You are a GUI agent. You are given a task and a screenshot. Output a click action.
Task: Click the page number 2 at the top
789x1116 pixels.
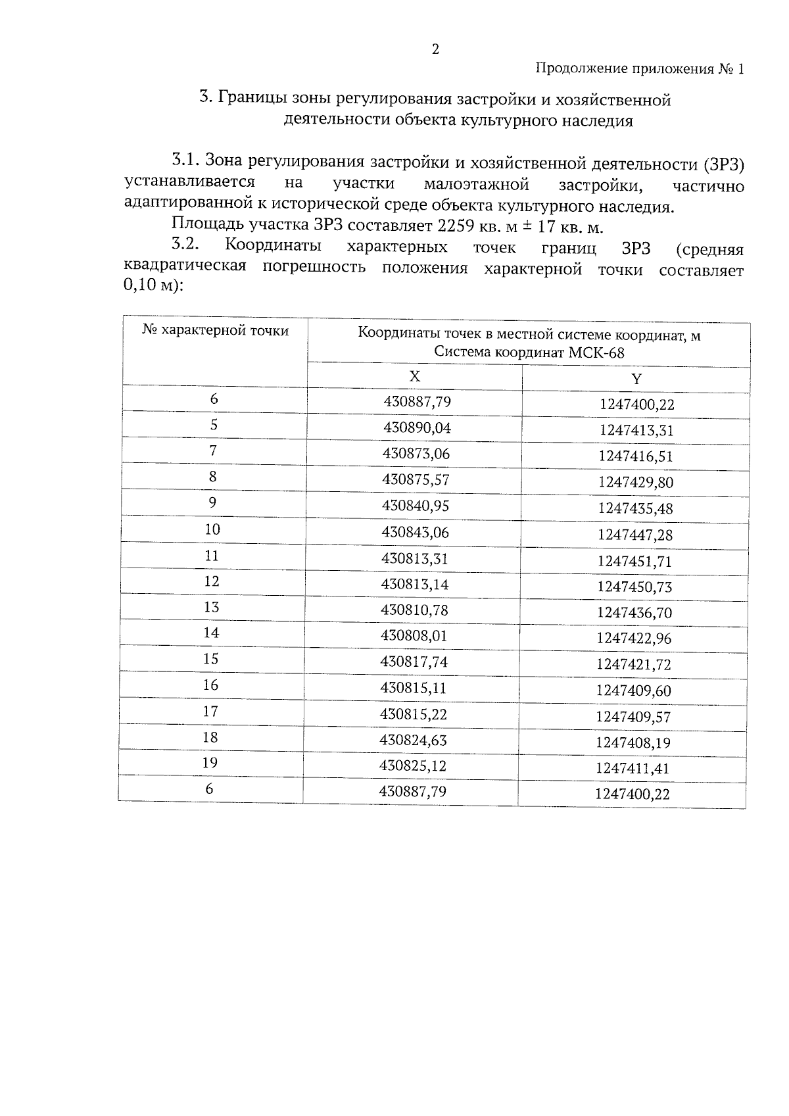pyautogui.click(x=435, y=49)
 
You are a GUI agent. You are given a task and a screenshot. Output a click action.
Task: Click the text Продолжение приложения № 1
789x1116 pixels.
pyautogui.click(x=640, y=68)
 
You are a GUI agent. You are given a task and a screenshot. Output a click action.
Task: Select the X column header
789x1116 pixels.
pyautogui.click(x=414, y=376)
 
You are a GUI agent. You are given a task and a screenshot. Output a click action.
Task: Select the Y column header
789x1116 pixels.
pyautogui.click(x=636, y=379)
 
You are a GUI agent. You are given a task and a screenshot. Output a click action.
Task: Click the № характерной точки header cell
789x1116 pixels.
pyautogui.click(x=216, y=331)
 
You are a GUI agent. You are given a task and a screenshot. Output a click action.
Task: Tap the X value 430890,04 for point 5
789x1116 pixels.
pyautogui.click(x=417, y=428)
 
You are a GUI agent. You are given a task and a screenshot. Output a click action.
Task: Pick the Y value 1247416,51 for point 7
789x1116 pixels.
pyautogui.click(x=636, y=456)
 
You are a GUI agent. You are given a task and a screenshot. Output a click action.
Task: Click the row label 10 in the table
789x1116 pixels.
pyautogui.click(x=212, y=529)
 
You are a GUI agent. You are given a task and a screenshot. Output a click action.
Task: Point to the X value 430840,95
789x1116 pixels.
pyautogui.click(x=416, y=506)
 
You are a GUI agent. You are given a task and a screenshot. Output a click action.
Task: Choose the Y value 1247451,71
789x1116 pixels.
pyautogui.click(x=634, y=561)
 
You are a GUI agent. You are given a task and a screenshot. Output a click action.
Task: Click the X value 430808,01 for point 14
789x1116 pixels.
pyautogui.click(x=414, y=636)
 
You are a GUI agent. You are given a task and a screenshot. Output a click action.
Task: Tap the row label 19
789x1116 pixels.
pyautogui.click(x=210, y=763)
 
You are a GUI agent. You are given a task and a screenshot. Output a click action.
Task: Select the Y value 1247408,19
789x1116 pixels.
pyautogui.click(x=633, y=742)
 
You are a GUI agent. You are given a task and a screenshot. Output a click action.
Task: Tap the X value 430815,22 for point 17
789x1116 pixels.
pyautogui.click(x=414, y=714)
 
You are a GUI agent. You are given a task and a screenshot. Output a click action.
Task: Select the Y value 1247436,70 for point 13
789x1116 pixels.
pyautogui.click(x=634, y=613)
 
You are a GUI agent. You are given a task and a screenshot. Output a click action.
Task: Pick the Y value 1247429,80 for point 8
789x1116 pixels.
pyautogui.click(x=635, y=483)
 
